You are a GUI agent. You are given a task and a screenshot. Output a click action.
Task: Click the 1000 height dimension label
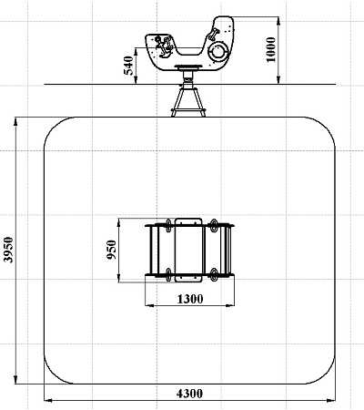coord(271,50)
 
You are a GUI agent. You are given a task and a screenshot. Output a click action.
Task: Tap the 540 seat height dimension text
coord(128,66)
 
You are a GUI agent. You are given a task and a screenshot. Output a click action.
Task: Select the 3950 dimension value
coord(8,250)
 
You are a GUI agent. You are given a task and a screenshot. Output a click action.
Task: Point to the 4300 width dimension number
coord(189,394)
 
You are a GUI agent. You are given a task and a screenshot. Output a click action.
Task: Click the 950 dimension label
coord(112,250)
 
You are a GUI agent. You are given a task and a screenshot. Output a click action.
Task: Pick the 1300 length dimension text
coord(190,299)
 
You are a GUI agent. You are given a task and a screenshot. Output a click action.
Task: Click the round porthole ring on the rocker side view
coord(217,51)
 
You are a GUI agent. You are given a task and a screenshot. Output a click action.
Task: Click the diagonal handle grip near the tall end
coord(213,34)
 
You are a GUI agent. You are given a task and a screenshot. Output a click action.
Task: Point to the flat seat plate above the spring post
coord(188,67)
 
